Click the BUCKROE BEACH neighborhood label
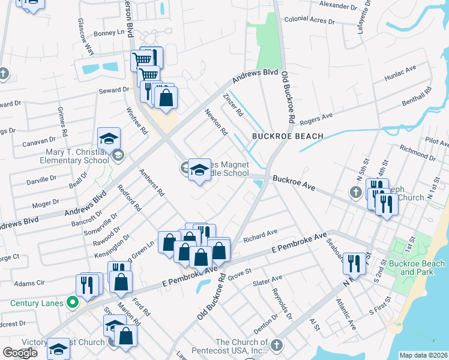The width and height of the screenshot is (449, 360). pyautogui.click(x=288, y=136)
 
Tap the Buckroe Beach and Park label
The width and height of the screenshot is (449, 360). pyautogui.click(x=417, y=268)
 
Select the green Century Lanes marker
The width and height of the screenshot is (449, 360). pyautogui.click(x=73, y=303)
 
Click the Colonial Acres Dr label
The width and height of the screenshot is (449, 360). pyautogui.click(x=309, y=20)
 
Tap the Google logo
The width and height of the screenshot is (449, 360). pyautogui.click(x=20, y=352)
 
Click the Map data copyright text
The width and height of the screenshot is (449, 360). pyautogui.click(x=423, y=355)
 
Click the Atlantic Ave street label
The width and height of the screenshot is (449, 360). pyautogui.click(x=346, y=315)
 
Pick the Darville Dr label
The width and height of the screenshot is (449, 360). pyautogui.click(x=41, y=179)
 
